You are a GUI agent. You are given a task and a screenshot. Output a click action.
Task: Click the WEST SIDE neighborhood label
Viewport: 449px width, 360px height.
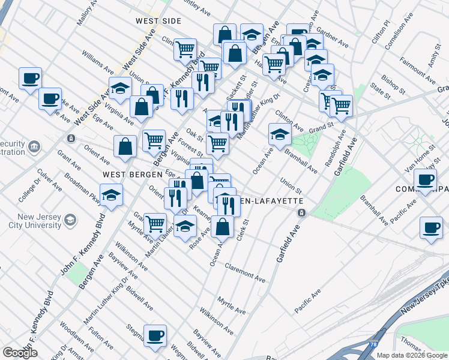pos(158,21)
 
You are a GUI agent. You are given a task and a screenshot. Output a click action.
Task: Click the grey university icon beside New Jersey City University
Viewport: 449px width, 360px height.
pos(71,221)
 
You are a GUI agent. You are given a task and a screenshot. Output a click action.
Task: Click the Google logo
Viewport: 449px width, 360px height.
pos(20,352)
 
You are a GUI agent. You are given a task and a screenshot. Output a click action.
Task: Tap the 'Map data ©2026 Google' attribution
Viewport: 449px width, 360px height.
pos(412,355)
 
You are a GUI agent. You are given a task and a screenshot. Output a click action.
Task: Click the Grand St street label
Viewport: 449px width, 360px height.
pos(321,128)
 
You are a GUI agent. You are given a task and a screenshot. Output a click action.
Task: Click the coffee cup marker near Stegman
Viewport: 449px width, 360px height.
pos(155,334)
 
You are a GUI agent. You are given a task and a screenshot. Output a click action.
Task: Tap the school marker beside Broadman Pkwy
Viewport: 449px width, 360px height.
pos(111,194)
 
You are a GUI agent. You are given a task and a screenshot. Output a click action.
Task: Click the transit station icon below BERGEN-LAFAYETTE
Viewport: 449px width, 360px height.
pos(302,212)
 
